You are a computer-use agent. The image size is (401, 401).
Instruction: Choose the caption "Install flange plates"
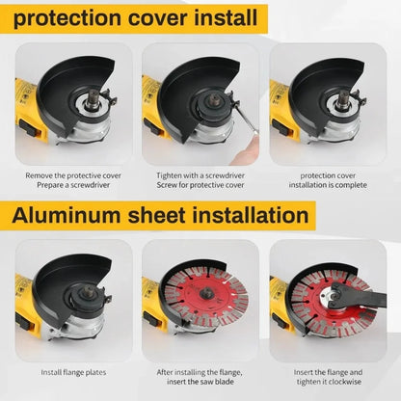tap(73, 370)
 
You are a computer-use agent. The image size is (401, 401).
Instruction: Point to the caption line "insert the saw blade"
tap(200, 381)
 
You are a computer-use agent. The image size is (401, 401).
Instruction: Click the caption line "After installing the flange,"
tap(200, 370)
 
